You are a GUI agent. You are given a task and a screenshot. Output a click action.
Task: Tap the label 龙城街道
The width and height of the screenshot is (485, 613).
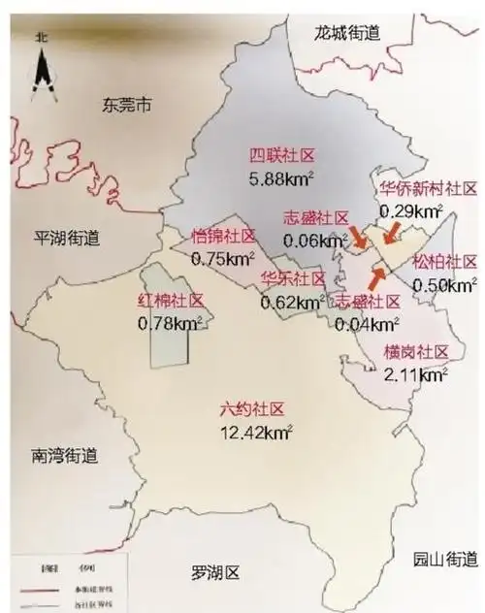(x=347, y=33)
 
